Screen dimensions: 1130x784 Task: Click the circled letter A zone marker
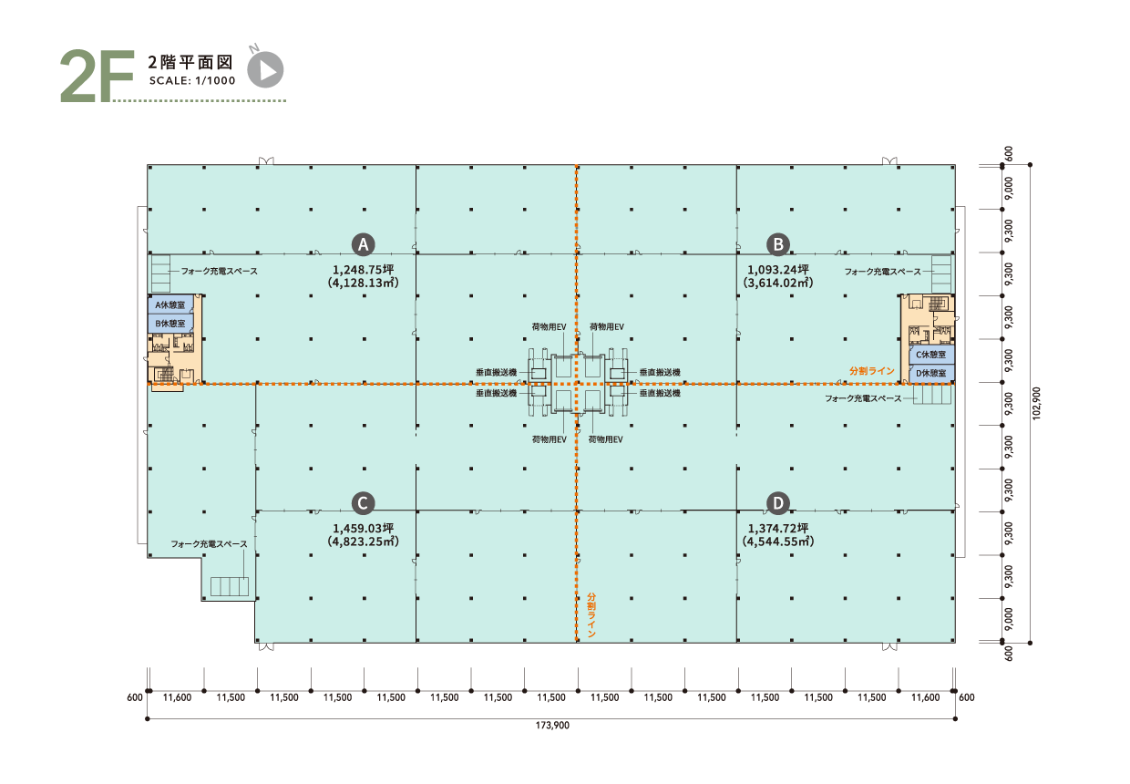pyautogui.click(x=363, y=244)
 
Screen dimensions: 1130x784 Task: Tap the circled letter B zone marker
pyautogui.click(x=778, y=244)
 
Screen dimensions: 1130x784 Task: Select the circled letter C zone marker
pyautogui.click(x=363, y=503)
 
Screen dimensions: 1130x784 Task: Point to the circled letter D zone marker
pyautogui.click(x=778, y=503)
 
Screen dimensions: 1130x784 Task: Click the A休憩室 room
pyautogui.click(x=170, y=304)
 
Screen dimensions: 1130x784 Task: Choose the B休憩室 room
pyautogui.click(x=170, y=324)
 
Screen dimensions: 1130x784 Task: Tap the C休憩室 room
pyautogui.click(x=931, y=355)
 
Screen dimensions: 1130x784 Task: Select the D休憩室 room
pyautogui.click(x=931, y=373)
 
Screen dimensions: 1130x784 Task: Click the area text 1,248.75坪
pyautogui.click(x=364, y=270)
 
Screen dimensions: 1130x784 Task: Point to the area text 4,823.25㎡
pyautogui.click(x=364, y=542)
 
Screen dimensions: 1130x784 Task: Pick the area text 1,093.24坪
pyautogui.click(x=778, y=270)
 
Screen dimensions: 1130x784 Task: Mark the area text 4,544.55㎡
pyautogui.click(x=778, y=542)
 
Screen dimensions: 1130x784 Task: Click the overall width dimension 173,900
pyautogui.click(x=552, y=726)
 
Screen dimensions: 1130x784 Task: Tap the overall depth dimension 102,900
pyautogui.click(x=1037, y=403)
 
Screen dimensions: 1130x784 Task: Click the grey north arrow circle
pyautogui.click(x=265, y=69)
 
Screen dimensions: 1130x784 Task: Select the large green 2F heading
pyautogui.click(x=98, y=76)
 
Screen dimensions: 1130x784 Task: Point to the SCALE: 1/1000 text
pyautogui.click(x=192, y=81)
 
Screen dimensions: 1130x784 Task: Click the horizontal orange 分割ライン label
pyautogui.click(x=872, y=371)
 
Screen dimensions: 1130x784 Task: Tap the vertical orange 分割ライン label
pyautogui.click(x=591, y=615)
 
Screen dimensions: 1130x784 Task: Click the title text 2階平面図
pyautogui.click(x=190, y=62)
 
